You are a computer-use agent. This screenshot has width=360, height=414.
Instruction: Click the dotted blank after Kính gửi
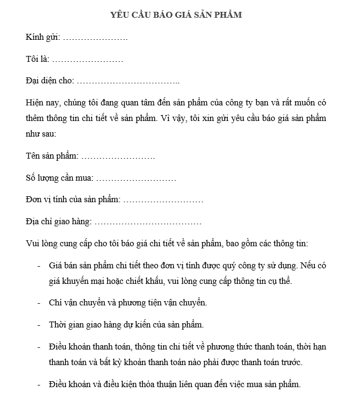[x=95, y=38]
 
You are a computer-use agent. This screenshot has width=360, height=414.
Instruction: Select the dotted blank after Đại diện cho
[x=128, y=81]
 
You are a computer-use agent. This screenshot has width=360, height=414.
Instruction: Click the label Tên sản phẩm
[x=52, y=156]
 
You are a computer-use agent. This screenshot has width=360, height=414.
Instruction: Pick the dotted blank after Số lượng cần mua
[x=136, y=178]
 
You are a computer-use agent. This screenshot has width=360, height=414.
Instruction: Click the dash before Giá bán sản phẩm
[x=38, y=266]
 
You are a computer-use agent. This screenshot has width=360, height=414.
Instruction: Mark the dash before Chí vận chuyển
[x=38, y=303]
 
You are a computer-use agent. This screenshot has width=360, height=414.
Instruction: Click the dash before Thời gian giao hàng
[x=38, y=325]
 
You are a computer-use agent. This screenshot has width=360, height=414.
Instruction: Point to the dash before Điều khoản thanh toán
[x=38, y=347]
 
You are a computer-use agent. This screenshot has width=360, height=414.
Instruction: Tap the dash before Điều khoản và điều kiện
[x=38, y=384]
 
